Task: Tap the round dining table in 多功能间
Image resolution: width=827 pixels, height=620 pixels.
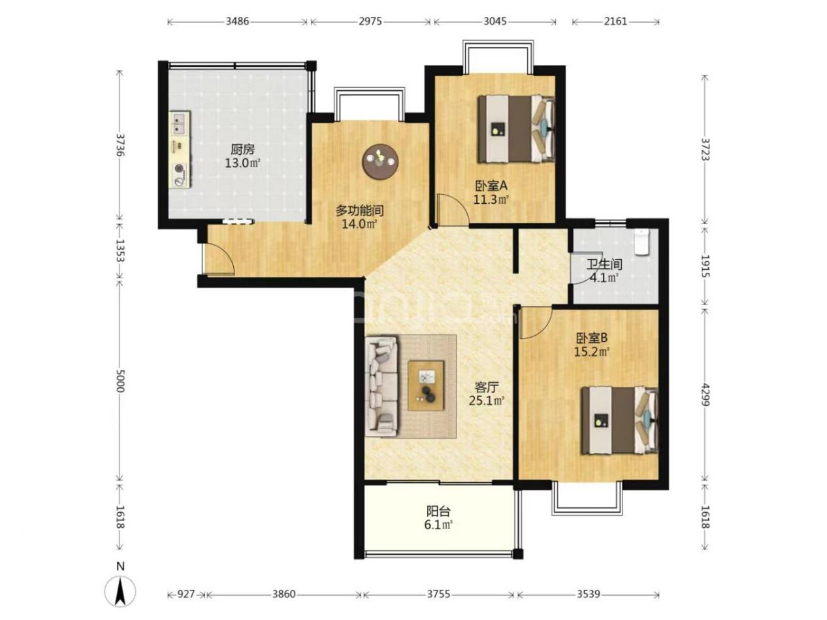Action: click(x=380, y=162)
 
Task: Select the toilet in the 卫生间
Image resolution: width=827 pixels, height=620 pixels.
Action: click(x=641, y=242)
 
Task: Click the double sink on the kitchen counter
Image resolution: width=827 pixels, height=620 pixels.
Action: click(x=178, y=123)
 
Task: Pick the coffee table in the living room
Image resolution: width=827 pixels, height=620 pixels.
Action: click(x=426, y=385)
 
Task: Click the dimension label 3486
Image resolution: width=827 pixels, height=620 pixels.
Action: click(x=237, y=22)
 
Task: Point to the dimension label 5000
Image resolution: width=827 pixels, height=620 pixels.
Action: click(x=120, y=381)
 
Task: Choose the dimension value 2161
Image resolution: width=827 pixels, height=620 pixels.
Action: click(x=615, y=22)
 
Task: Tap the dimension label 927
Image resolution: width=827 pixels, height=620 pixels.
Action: click(x=186, y=594)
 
